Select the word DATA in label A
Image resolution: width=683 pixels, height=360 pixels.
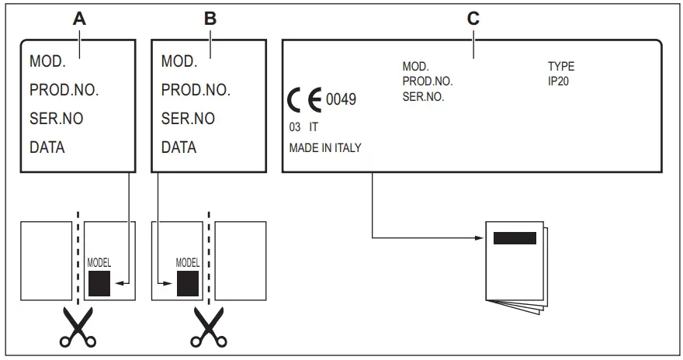pyautogui.click(x=47, y=147)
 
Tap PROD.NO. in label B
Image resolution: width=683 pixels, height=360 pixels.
pyautogui.click(x=196, y=90)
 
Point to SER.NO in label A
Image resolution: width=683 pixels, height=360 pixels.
pyautogui.click(x=57, y=119)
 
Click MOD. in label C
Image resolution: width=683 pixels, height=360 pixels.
pyautogui.click(x=415, y=67)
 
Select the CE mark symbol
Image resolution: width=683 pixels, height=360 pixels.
pyautogui.click(x=304, y=101)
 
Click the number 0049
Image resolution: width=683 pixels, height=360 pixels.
pyautogui.click(x=341, y=100)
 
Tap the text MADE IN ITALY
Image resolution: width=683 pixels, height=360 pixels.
pyautogui.click(x=325, y=147)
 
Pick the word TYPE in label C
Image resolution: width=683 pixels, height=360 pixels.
pyautogui.click(x=560, y=67)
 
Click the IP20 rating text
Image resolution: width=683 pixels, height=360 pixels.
pyautogui.click(x=559, y=81)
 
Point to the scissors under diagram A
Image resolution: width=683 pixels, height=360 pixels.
pyautogui.click(x=78, y=327)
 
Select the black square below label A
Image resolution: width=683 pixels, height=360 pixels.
pyautogui.click(x=99, y=284)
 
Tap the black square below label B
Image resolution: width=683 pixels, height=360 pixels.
pyautogui.click(x=188, y=284)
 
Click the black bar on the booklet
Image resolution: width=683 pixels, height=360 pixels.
pyautogui.click(x=515, y=237)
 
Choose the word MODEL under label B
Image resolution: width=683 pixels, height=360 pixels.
pyautogui.click(x=189, y=262)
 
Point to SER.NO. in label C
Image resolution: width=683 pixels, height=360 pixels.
pyautogui.click(x=423, y=97)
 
